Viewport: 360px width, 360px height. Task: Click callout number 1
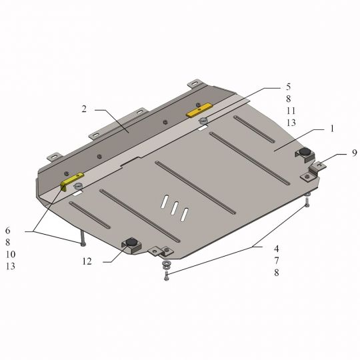coord(332,129)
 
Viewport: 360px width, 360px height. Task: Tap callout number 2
coord(84,109)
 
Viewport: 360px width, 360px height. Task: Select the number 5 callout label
coord(289,87)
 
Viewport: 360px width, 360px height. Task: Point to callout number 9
coord(355,153)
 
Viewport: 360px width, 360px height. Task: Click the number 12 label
coord(87,261)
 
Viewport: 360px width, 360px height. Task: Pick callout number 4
coord(277,249)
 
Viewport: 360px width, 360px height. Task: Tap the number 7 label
coord(277,261)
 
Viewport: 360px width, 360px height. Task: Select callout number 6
coord(8,231)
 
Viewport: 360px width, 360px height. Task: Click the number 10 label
coord(11,255)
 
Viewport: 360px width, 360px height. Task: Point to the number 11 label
coord(291,111)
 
